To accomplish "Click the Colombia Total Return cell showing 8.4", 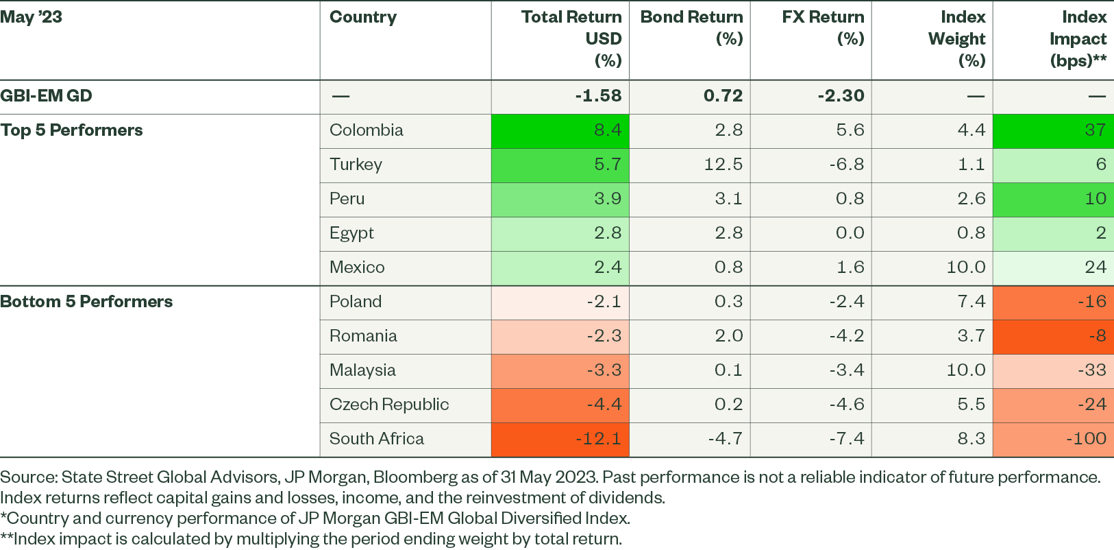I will tap(607, 130).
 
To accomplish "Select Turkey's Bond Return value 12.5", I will tap(723, 165).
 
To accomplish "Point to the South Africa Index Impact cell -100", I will tap(1086, 439).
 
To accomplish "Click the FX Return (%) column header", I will tap(823, 27).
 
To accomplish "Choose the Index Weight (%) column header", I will tap(956, 38).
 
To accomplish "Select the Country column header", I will tap(363, 17).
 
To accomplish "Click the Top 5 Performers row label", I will tap(72, 130).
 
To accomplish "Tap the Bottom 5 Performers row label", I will tap(86, 302).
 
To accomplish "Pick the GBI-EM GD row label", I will tap(46, 96).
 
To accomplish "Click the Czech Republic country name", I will tap(389, 405).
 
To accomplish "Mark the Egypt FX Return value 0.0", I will tap(850, 233).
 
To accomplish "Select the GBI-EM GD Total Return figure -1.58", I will tap(598, 96).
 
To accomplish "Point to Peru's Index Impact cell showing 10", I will tap(1095, 199).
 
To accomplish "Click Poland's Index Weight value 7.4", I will tap(971, 302).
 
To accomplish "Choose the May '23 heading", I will tap(32, 17).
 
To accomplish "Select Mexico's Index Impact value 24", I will tap(1095, 267).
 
